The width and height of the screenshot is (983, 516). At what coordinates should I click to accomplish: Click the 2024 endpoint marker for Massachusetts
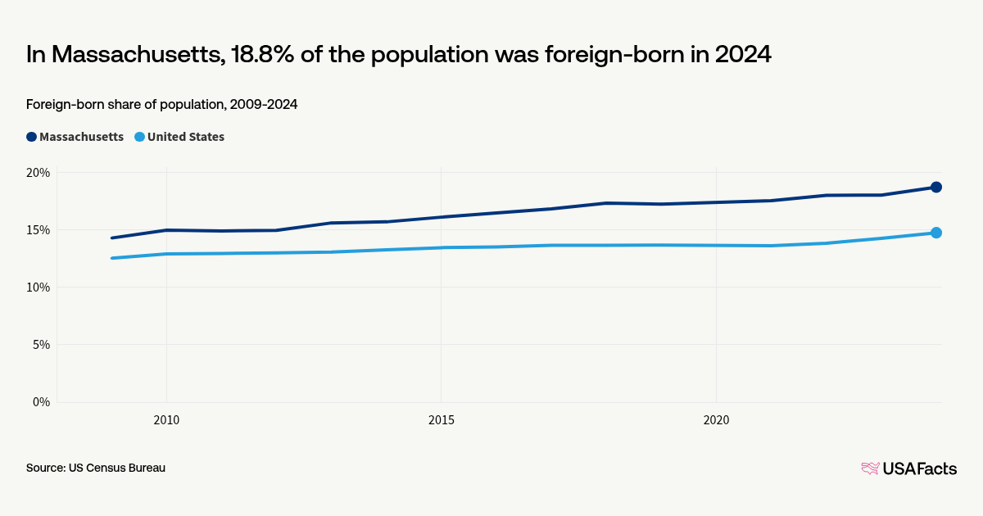(x=935, y=188)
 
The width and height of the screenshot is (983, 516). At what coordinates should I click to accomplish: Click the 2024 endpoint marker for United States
(x=935, y=233)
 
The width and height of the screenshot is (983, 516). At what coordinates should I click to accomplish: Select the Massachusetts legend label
(x=81, y=137)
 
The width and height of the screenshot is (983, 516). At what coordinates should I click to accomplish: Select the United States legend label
(x=185, y=137)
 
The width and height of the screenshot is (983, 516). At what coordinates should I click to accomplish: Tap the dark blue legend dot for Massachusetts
(x=31, y=137)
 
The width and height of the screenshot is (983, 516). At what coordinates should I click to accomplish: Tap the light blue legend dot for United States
(x=139, y=137)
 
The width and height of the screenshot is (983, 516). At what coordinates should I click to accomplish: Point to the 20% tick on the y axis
(x=39, y=173)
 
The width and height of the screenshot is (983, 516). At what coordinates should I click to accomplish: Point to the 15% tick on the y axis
(x=39, y=230)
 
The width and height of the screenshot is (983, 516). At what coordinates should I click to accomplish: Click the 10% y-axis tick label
(x=39, y=287)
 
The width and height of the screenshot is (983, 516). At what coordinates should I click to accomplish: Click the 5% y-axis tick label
(x=41, y=345)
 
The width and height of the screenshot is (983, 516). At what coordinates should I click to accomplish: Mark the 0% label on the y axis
(x=41, y=402)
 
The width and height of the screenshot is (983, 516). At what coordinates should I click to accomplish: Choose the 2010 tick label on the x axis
(x=166, y=420)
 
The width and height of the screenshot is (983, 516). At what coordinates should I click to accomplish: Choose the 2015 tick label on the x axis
(x=442, y=420)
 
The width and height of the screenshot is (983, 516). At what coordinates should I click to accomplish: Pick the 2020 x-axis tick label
(x=717, y=420)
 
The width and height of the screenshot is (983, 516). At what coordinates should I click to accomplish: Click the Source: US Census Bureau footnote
(x=96, y=468)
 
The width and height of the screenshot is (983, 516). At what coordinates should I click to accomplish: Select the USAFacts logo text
(x=919, y=468)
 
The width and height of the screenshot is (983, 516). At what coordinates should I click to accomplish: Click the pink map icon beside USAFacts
(x=870, y=468)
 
